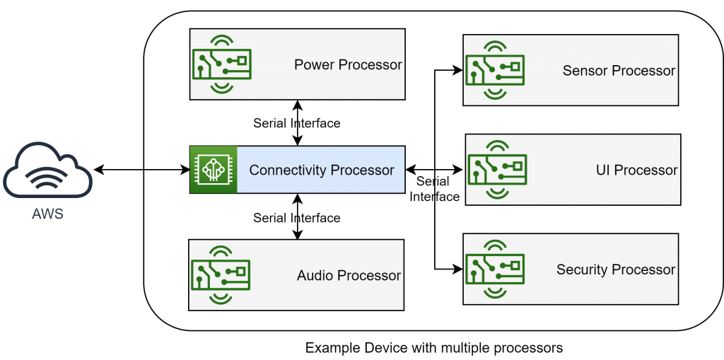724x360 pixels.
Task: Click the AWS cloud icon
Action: coord(48,172)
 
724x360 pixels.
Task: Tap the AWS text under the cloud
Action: coord(48,214)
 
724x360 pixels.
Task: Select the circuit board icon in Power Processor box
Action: coord(222,64)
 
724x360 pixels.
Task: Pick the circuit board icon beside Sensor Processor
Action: coord(496,71)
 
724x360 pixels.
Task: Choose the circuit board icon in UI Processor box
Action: coord(498,170)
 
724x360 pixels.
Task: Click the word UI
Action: coord(603,170)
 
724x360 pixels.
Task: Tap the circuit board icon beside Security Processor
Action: coord(496,269)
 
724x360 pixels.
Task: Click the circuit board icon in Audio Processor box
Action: coord(221,275)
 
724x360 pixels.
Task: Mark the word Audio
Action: coord(315,276)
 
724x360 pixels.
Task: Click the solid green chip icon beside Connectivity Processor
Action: coord(213,170)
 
